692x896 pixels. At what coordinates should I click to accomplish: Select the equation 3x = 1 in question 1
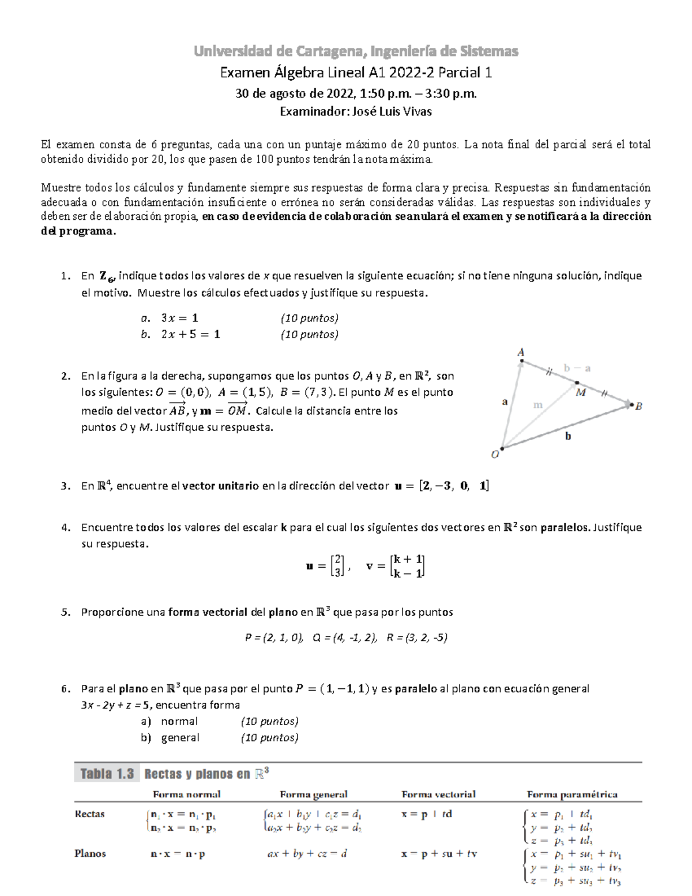coord(180,318)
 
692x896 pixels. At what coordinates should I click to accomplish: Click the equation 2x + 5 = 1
coord(191,335)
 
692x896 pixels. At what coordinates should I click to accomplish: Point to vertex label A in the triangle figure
coord(521,352)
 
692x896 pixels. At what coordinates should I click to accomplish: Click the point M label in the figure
coord(581,392)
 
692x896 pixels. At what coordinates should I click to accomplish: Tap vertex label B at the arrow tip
coord(638,406)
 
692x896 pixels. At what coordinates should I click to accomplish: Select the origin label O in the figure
coord(495,455)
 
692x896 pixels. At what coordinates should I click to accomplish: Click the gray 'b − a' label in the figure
coord(577,368)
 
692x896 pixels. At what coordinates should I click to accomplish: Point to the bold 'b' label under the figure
coord(568,436)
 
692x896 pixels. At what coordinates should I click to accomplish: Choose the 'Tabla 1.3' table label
coord(107,774)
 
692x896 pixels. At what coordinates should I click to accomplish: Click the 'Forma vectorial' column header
coord(438,794)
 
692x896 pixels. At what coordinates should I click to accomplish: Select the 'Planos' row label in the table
coord(90,853)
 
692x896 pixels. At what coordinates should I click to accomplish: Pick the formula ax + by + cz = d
coord(307,854)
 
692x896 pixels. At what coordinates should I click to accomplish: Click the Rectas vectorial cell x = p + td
coord(427,815)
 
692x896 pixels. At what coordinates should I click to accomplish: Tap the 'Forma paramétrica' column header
coord(572,794)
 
